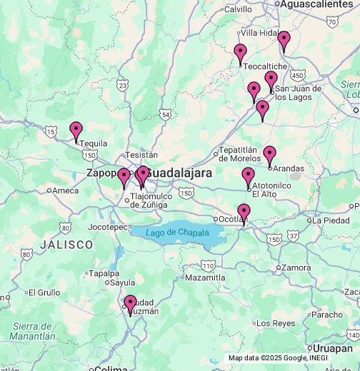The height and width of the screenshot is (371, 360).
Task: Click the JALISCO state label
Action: tap(66, 245)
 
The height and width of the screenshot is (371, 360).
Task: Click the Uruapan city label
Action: tap(333, 349)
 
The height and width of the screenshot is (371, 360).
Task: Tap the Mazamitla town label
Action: tap(205, 278)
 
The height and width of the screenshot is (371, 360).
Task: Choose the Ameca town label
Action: tap(65, 190)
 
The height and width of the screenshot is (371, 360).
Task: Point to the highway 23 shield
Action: tap(123, 85)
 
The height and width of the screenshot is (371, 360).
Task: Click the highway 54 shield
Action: tap(166, 113)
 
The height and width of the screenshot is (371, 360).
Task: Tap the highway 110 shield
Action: tap(208, 265)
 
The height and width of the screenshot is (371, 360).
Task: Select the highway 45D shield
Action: tap(298, 75)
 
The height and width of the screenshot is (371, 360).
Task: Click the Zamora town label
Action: tap(296, 268)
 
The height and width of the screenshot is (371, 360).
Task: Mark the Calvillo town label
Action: tap(238, 9)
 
